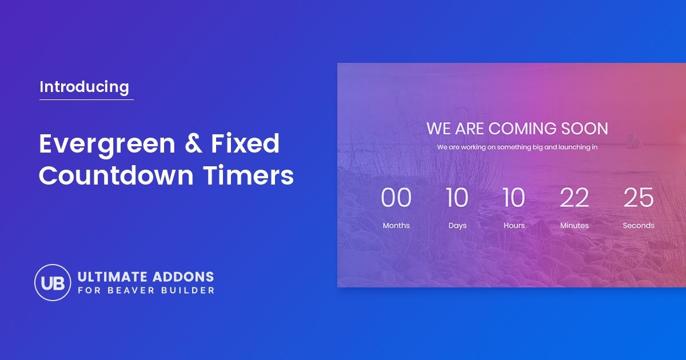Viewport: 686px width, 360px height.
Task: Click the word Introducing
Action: pos(84,87)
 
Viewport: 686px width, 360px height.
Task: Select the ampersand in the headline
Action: pos(194,143)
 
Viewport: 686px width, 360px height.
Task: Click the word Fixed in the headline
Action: pos(245,143)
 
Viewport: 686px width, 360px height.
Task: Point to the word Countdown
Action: pos(116,175)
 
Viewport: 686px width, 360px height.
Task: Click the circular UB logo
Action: pos(53,282)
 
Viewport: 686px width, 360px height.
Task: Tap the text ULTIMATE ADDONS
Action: pos(145,277)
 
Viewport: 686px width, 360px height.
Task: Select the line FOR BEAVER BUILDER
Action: pos(146,291)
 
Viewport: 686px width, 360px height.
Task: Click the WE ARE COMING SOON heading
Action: pos(517,128)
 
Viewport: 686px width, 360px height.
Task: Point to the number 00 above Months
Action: pos(396,198)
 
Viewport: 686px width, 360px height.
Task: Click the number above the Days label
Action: pos(457,198)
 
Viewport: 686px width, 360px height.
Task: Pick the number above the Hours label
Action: pos(513,198)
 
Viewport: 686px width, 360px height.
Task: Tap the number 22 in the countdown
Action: pos(574,198)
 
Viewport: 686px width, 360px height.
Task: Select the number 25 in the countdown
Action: pos(638,198)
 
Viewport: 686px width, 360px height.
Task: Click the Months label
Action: pos(396,226)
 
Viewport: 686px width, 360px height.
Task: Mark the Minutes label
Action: pos(574,226)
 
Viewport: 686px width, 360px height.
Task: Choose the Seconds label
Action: pos(638,226)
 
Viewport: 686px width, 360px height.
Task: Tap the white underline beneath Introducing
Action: pos(86,100)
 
